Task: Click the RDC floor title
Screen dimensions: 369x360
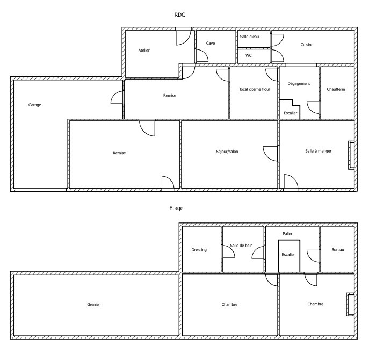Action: tap(179, 15)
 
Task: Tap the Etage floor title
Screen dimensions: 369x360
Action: tap(176, 208)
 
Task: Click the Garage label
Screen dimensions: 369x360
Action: tap(34, 105)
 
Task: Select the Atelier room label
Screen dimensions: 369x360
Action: tap(144, 50)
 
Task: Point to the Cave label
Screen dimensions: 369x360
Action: tap(211, 43)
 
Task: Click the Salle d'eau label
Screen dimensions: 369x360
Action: tap(249, 37)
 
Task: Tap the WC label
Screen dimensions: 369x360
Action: tap(249, 55)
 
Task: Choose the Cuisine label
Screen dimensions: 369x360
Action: tap(307, 45)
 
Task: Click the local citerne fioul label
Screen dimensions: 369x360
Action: tap(255, 89)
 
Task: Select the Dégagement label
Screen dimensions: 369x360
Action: tap(299, 84)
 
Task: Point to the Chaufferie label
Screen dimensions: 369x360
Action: tap(336, 89)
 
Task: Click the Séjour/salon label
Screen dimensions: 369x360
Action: tap(227, 152)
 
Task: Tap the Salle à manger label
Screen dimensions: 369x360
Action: tap(318, 151)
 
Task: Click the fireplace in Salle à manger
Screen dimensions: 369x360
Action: tap(351, 155)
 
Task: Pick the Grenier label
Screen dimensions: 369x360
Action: tap(93, 305)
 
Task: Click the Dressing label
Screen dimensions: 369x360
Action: tap(199, 250)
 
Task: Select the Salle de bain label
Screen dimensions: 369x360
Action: tap(242, 246)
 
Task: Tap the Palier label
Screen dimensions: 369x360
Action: tap(287, 234)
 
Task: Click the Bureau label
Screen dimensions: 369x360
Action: tap(338, 250)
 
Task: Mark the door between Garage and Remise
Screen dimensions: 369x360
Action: tap(117, 97)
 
